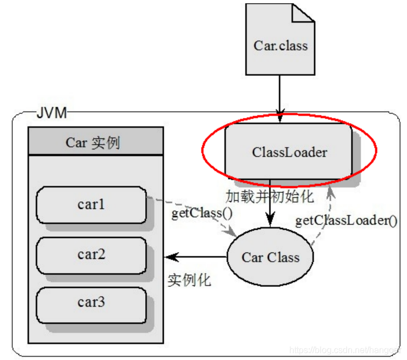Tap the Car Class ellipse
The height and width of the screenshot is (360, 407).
[271, 258]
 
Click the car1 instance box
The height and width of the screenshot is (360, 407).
[91, 205]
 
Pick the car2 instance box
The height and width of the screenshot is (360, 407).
[91, 254]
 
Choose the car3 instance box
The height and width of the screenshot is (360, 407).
[91, 302]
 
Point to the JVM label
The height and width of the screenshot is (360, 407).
[51, 114]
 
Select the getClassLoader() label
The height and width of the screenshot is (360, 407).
[346, 221]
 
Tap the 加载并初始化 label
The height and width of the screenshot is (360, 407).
[269, 196]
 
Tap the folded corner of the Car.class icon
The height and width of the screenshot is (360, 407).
[304, 14]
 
